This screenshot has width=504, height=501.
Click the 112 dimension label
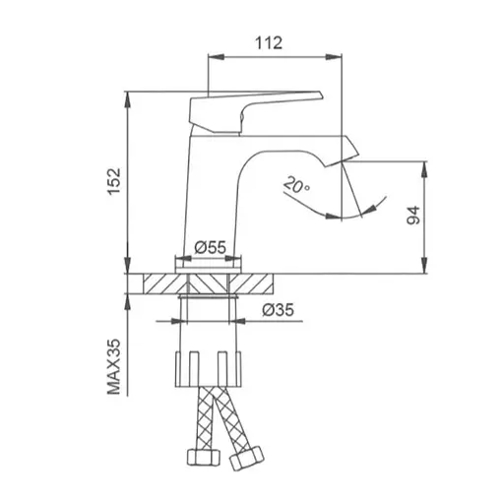click(x=269, y=43)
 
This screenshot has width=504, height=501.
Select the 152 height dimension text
click(x=114, y=181)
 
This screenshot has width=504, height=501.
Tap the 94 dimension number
click(x=413, y=216)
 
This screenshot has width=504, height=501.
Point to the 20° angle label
click(x=295, y=185)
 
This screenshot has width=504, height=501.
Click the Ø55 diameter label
click(x=210, y=247)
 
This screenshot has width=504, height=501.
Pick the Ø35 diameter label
click(x=278, y=309)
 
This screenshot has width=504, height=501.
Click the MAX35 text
click(x=114, y=367)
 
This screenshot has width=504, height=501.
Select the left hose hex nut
click(x=204, y=457)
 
